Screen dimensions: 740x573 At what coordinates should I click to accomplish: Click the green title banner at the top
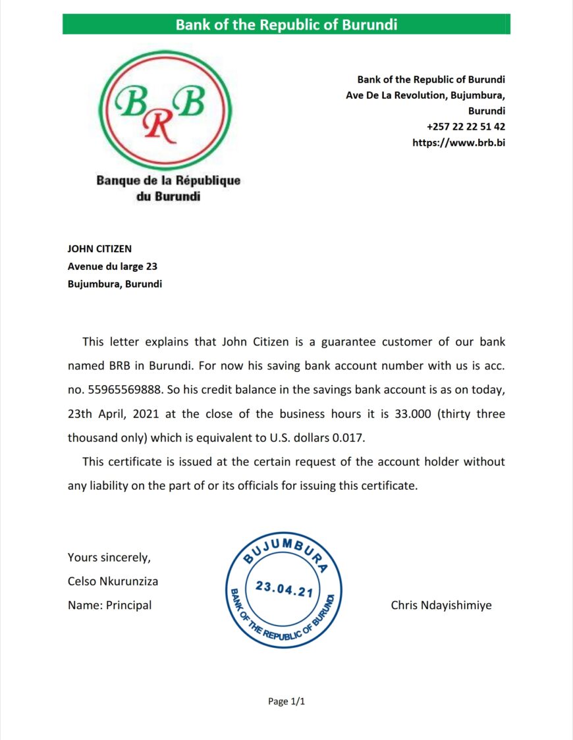click(286, 25)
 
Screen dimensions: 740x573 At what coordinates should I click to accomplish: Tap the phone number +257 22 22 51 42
click(466, 126)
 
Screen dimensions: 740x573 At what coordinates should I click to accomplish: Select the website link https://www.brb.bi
click(458, 142)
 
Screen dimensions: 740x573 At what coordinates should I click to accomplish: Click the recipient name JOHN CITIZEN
click(99, 249)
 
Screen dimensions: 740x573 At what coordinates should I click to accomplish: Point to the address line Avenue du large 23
click(112, 267)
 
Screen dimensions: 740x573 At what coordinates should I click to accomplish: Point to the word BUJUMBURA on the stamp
click(285, 552)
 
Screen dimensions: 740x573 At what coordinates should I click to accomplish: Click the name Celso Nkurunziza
click(113, 581)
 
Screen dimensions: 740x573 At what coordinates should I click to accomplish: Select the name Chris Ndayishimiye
click(441, 606)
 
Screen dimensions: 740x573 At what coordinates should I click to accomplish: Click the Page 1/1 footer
click(286, 702)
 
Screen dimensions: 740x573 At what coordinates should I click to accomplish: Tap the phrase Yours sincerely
click(109, 558)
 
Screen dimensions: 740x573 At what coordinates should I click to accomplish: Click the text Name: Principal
click(109, 606)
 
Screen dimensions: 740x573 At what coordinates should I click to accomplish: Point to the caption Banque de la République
click(169, 180)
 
